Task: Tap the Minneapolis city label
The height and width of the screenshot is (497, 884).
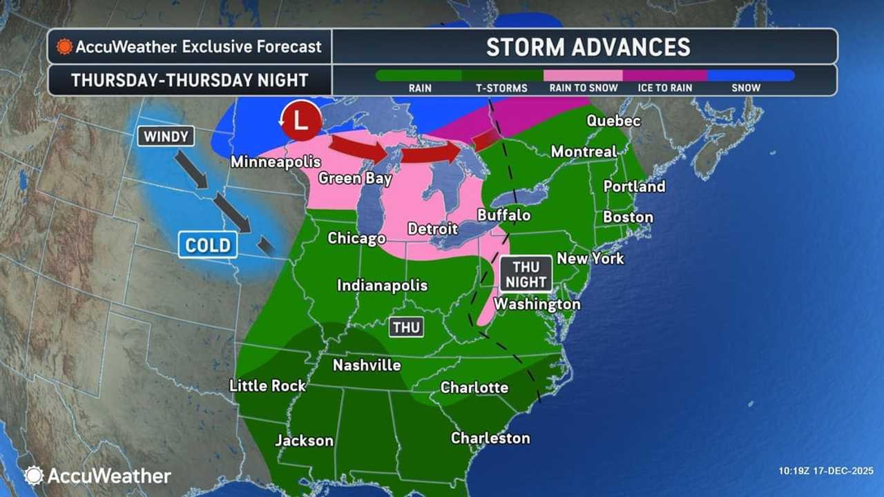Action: (276, 162)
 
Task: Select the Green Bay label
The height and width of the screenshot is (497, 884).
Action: (355, 179)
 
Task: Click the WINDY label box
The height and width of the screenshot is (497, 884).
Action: (166, 136)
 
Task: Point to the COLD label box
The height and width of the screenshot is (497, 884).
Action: (208, 244)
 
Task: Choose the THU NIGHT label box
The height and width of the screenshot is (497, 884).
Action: (526, 273)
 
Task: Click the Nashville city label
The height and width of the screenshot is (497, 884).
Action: (367, 365)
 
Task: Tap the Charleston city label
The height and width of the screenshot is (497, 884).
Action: (490, 438)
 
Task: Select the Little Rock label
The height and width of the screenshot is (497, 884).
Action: (267, 385)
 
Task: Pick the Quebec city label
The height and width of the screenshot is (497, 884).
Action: (613, 121)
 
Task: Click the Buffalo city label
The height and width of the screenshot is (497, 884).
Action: (504, 215)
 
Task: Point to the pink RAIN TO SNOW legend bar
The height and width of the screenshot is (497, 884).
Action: (583, 75)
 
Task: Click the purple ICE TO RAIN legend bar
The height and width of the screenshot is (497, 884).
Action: (664, 75)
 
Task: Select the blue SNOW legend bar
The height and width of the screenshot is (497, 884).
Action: (750, 75)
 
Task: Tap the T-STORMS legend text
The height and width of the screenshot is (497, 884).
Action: (502, 88)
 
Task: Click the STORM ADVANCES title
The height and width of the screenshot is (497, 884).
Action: (588, 47)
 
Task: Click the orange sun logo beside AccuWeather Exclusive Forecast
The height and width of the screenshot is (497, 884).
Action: (64, 47)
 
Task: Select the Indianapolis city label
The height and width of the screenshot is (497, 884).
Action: (382, 285)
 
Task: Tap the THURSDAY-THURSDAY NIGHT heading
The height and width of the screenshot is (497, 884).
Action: (189, 80)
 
